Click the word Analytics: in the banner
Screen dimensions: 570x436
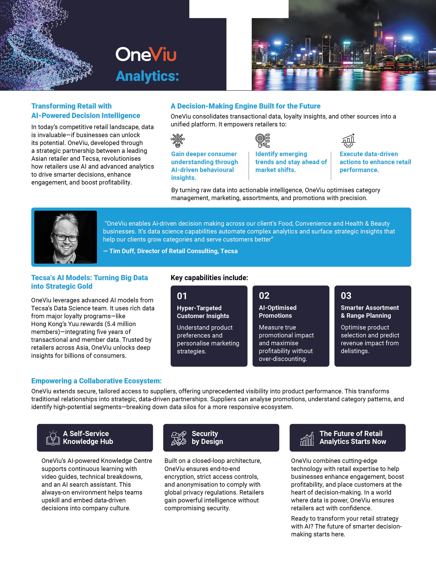[x=147, y=76]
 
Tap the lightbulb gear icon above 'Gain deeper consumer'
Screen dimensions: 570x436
[x=178, y=141]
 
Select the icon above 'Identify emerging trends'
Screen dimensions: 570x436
[x=262, y=141]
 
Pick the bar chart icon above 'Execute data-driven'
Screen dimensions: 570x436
[x=348, y=141]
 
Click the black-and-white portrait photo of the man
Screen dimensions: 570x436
[x=66, y=237]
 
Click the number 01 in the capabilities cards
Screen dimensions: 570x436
[x=182, y=296]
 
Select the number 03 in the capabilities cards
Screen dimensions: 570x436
[x=346, y=296]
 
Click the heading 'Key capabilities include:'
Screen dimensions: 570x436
[x=209, y=278]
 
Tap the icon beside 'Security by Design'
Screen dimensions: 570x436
[x=179, y=438]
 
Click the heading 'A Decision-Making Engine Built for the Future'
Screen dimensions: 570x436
[x=245, y=106]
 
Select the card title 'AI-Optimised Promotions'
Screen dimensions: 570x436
[x=277, y=311]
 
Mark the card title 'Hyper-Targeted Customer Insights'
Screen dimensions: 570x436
[x=203, y=312]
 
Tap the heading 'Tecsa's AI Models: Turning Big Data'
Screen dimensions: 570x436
[x=89, y=278]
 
